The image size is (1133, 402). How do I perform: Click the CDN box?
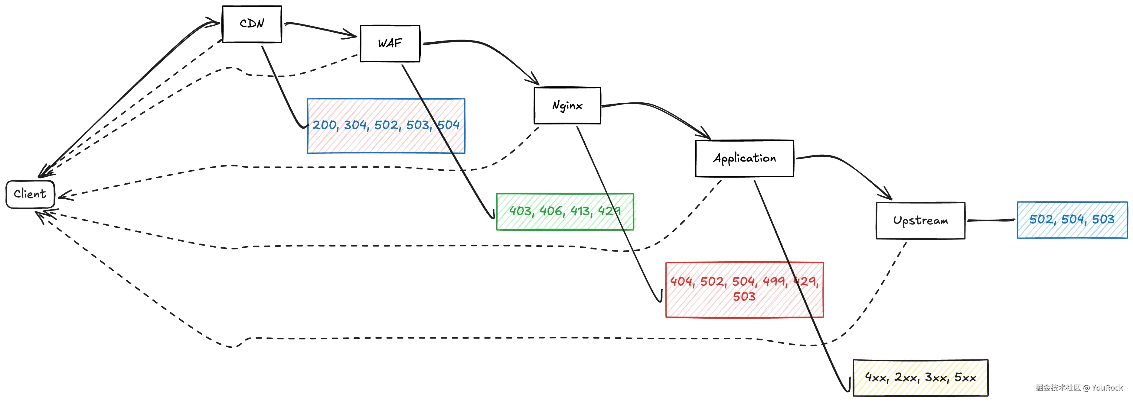coord(252,24)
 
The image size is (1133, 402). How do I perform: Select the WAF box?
coord(390,43)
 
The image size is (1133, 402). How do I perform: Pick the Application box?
coord(744,159)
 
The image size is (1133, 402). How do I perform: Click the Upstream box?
coord(920,220)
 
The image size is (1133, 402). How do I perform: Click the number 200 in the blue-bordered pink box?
coord(325,126)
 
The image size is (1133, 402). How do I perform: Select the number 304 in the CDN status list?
coord(355,126)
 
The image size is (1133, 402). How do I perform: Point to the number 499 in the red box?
coord(774,281)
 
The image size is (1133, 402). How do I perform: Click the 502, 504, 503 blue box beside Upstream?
coord(1072,220)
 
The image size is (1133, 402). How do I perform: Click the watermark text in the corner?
coord(1079,388)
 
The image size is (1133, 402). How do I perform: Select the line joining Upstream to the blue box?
coord(991,220)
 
